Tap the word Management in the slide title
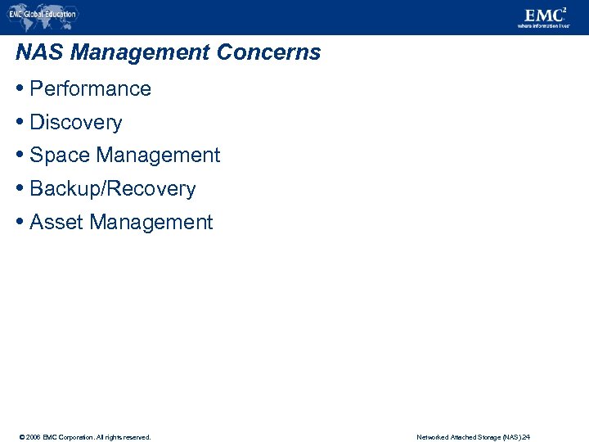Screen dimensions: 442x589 [141, 53]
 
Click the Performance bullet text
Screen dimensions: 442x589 [90, 89]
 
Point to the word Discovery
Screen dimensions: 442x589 [75, 123]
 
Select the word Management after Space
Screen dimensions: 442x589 [158, 156]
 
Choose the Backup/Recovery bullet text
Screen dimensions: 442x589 [112, 189]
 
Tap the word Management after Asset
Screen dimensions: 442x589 [151, 223]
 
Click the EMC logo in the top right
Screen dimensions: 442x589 [544, 14]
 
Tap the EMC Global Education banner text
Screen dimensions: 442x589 [43, 14]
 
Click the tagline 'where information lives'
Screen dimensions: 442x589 [543, 26]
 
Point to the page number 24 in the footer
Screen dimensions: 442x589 [526, 437]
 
